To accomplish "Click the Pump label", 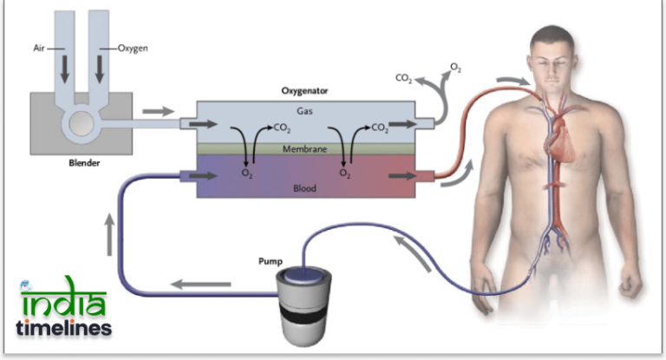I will (x=269, y=260).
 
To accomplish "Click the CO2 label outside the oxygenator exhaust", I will (x=403, y=78).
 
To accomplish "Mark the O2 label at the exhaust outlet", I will (x=456, y=67).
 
